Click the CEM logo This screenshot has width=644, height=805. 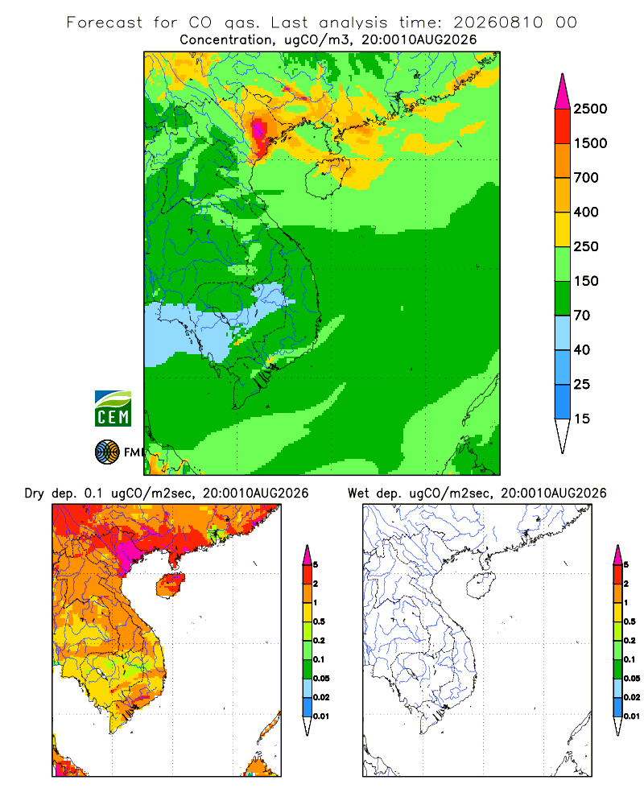pos(113,409)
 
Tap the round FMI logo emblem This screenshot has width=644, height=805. pos(107,452)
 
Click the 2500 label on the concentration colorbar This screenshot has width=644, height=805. pos(590,109)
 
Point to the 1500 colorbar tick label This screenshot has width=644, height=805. pos(590,143)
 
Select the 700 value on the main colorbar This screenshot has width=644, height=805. pos(586,178)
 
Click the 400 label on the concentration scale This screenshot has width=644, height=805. pos(586,212)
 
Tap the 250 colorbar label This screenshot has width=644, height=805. pos(586,246)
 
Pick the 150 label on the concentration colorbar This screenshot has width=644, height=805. pos(586,281)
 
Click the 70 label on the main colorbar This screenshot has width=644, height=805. pos(582,316)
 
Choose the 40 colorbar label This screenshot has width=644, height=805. pos(582,349)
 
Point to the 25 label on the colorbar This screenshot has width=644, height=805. pos(582,384)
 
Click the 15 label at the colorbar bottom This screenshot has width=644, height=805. pos(582,419)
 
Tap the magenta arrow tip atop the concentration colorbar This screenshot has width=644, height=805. pos(563,74)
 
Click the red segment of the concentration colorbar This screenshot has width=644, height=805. pos(563,126)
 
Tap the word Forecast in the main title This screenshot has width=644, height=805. pos(105,23)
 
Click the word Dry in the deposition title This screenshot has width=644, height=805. pos(35,494)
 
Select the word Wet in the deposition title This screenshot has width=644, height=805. pos(358,493)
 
